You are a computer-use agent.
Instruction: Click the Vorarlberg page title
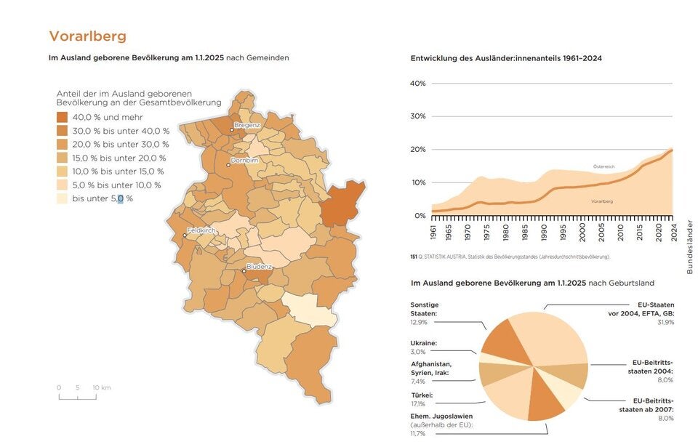click(x=87, y=36)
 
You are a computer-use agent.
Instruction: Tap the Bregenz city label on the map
click(x=247, y=125)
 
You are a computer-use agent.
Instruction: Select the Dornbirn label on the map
click(x=244, y=160)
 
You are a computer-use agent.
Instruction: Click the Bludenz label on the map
click(x=259, y=267)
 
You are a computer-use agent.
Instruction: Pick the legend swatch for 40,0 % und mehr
click(x=63, y=117)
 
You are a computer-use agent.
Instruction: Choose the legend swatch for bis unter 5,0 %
click(x=63, y=198)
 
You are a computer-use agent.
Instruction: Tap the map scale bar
click(x=77, y=397)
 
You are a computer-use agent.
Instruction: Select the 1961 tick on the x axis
click(x=434, y=233)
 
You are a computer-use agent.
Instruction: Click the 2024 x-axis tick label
click(x=673, y=233)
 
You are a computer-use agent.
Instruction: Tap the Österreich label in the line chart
click(x=603, y=167)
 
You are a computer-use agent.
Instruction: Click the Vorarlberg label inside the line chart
click(x=602, y=201)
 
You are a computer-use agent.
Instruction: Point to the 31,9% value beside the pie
click(x=665, y=322)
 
